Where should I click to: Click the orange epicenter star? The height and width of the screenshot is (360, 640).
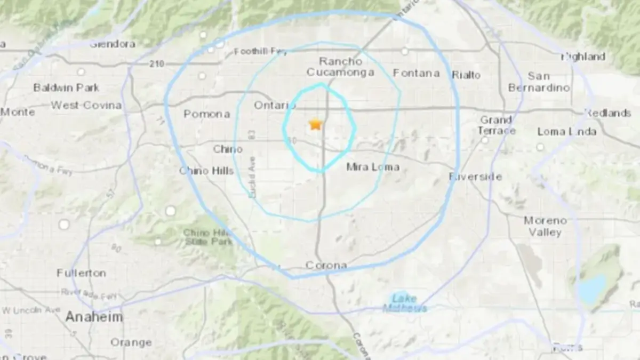315,125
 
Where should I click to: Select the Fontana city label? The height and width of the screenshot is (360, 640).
416,73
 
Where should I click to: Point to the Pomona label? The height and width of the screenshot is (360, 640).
206,114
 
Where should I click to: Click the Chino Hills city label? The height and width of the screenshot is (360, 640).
206,171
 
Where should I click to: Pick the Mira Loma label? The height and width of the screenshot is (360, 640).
373,167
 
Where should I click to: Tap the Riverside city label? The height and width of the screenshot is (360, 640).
475,177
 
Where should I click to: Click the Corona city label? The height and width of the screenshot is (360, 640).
326,265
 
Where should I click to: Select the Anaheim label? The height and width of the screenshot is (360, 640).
94,317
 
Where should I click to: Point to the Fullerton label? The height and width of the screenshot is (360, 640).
81,273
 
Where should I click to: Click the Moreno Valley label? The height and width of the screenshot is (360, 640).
545,226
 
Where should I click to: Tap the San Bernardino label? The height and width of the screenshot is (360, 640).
539,82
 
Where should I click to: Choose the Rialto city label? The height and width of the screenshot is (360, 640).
466,75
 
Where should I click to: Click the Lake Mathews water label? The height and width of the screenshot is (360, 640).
405,303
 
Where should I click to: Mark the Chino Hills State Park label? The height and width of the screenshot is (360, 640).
207,237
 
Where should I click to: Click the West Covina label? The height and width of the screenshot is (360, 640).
86,105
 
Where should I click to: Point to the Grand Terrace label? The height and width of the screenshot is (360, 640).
497,125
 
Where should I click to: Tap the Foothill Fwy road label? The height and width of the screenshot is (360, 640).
261,52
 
